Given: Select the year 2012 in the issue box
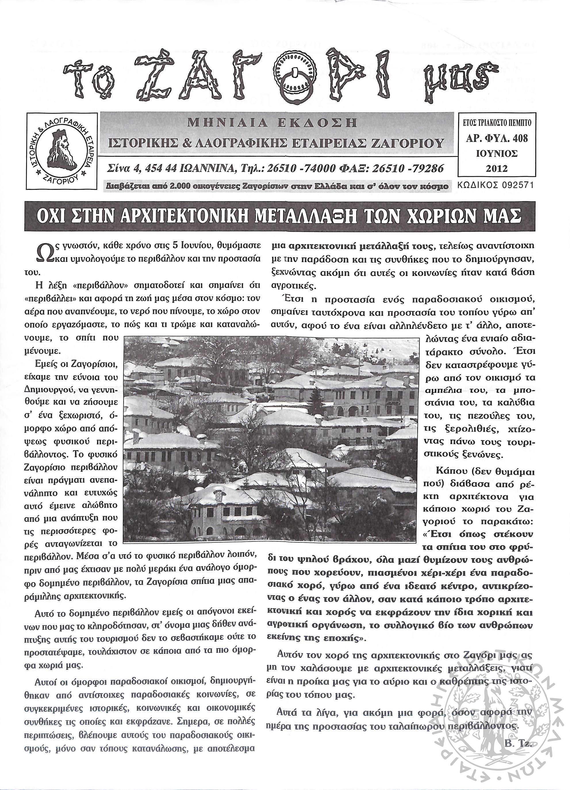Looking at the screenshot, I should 496,168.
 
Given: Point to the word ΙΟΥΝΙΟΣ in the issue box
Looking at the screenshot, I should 496,154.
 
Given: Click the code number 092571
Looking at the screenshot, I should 515,185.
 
